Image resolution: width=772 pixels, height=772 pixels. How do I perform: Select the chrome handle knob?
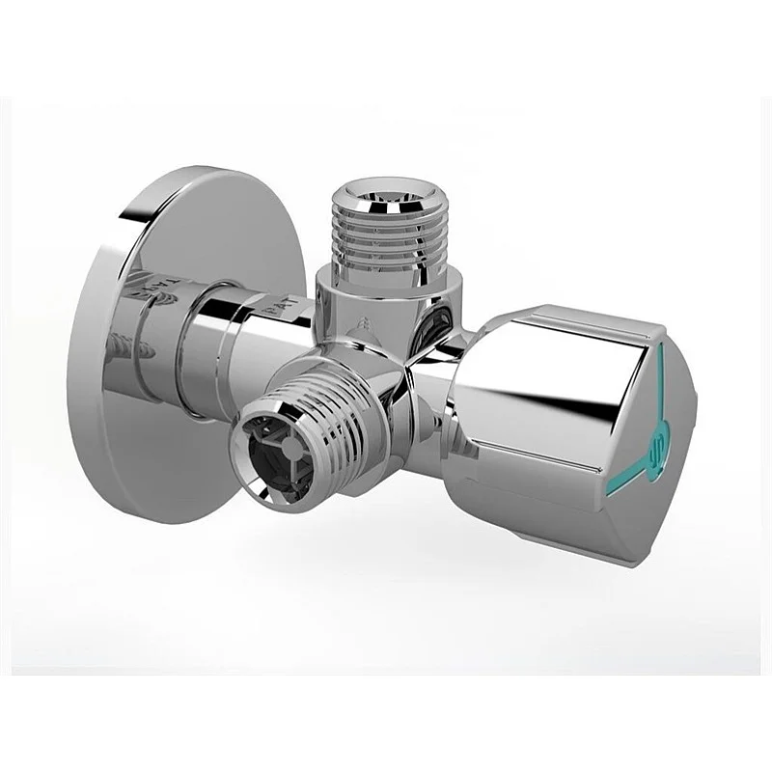[569, 425]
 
